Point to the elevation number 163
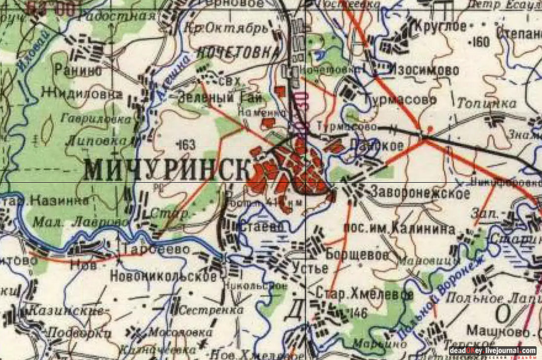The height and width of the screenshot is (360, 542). pyautogui.click(x=185, y=145)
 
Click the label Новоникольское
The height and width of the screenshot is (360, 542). pyautogui.click(x=163, y=276)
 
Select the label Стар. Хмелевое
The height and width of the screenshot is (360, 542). pyautogui.click(x=365, y=294)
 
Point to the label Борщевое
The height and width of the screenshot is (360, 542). pyautogui.click(x=357, y=255)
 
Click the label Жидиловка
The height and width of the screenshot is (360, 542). pyautogui.click(x=81, y=92)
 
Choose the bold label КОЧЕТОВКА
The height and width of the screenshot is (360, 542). pyautogui.click(x=238, y=52)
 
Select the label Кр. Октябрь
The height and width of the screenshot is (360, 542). pyautogui.click(x=226, y=28)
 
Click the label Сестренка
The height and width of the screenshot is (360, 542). pyautogui.click(x=211, y=310)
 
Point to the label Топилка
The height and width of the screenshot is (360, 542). pyautogui.click(x=486, y=103)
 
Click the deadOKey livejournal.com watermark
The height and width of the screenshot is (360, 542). pyautogui.click(x=492, y=351)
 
